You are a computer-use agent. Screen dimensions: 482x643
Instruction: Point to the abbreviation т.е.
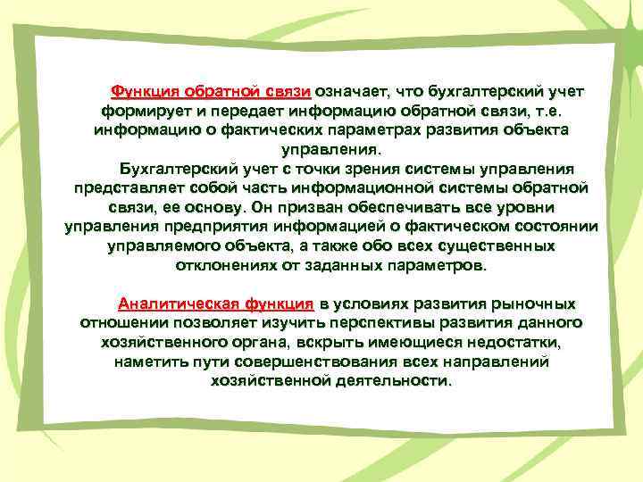[x=550, y=111]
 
